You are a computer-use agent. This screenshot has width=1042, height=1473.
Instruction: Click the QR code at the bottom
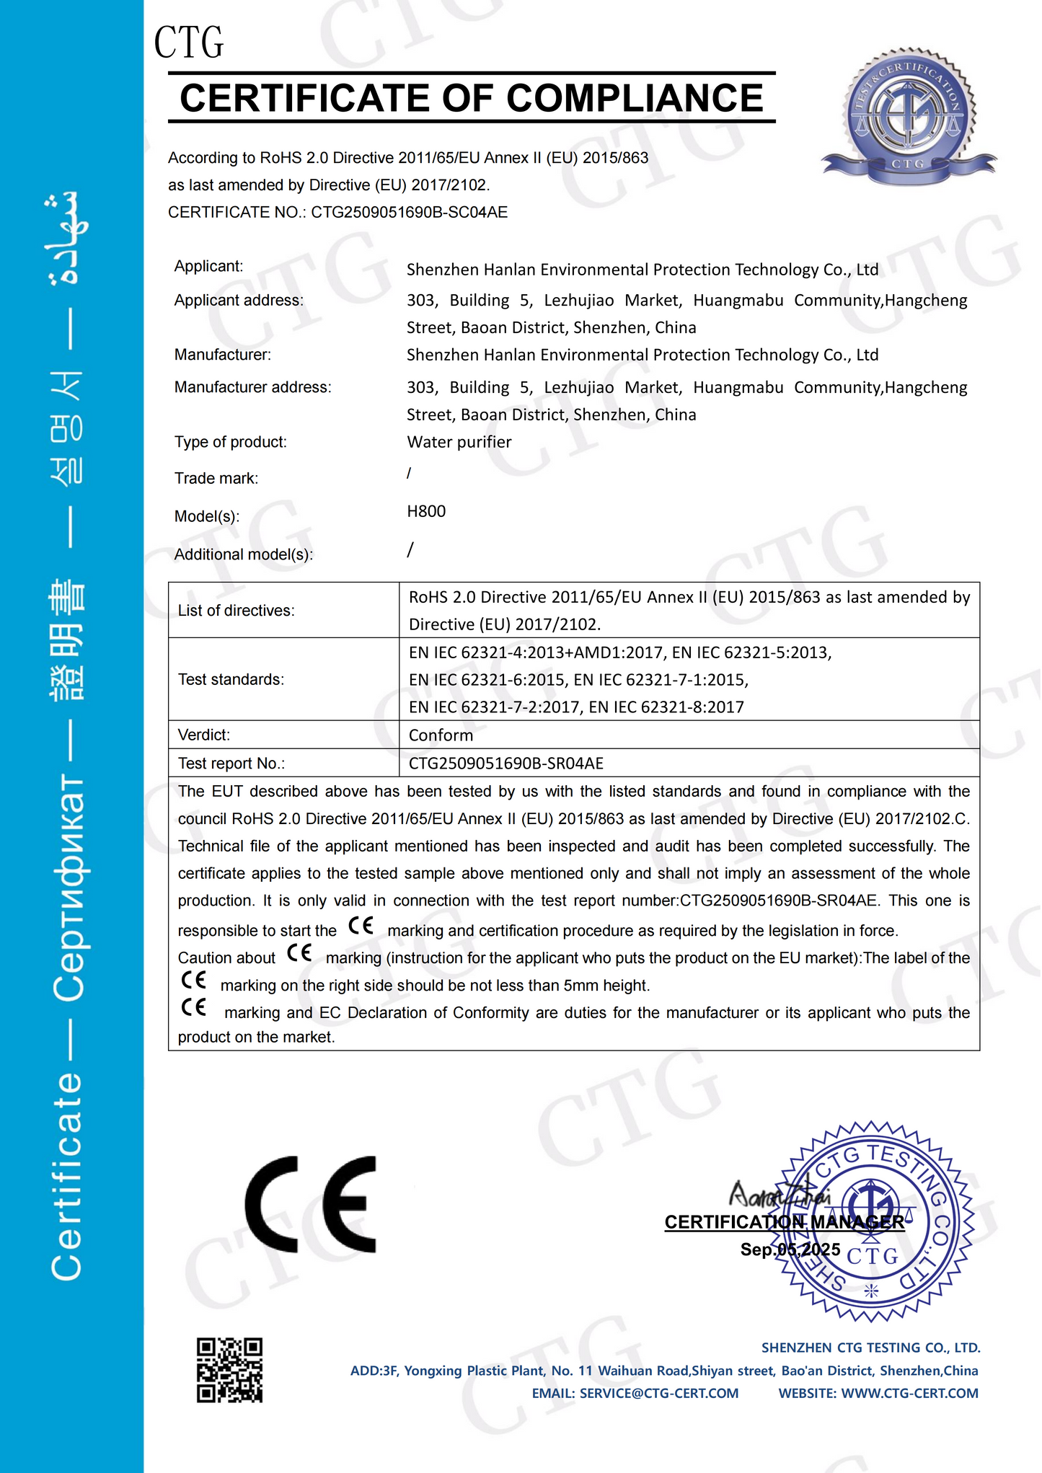(x=229, y=1370)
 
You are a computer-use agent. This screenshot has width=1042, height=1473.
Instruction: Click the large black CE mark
(x=311, y=1204)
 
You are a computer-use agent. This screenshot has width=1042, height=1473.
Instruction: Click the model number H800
(x=426, y=511)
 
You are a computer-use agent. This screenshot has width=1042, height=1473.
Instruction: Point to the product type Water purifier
(x=459, y=442)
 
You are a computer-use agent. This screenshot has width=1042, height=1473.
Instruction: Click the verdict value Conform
(x=441, y=735)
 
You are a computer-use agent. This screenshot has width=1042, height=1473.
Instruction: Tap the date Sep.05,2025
(x=790, y=1249)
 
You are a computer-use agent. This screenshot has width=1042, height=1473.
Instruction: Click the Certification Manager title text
(x=784, y=1221)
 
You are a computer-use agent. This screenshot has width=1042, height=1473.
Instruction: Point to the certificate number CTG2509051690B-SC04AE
(x=410, y=212)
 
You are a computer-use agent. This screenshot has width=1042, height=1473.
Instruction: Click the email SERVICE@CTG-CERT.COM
(x=658, y=1393)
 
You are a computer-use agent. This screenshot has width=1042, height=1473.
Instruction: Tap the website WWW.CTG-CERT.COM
(x=909, y=1393)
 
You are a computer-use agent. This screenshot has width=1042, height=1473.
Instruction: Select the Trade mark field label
(x=216, y=478)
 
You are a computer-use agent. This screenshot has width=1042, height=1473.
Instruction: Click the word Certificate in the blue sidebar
(x=67, y=1175)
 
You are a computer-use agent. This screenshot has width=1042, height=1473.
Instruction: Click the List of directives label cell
(x=237, y=611)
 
